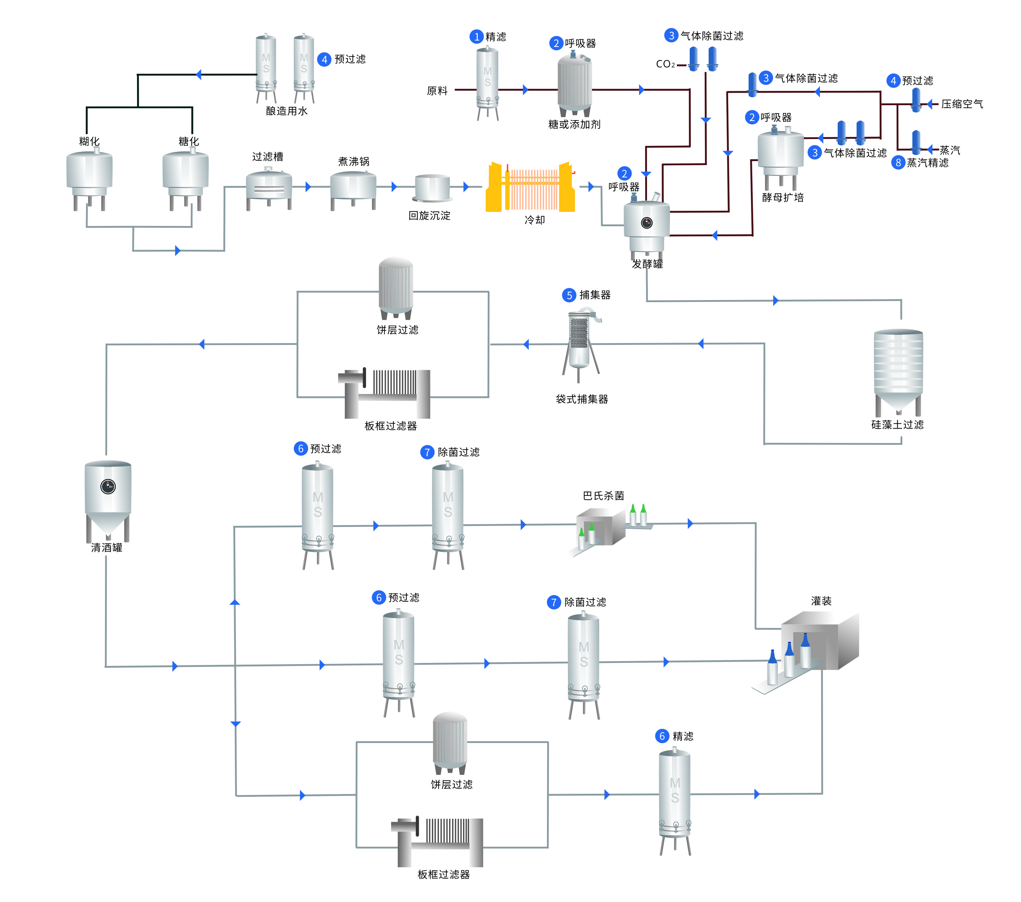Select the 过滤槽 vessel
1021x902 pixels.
coord(269,187)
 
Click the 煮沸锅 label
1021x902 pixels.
coord(354,161)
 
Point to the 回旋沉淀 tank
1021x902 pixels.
coord(432,188)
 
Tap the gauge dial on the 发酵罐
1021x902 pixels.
coord(647,223)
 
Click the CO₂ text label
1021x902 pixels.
coord(665,64)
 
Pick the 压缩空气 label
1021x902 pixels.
coord(962,104)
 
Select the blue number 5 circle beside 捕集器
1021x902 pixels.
coord(569,295)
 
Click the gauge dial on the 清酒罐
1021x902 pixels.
coord(108,486)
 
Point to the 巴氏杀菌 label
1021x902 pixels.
coord(603,496)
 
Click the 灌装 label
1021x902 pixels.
coord(821,601)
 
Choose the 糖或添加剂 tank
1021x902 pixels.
coord(574,85)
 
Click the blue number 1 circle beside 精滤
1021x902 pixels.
coord(476,37)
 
